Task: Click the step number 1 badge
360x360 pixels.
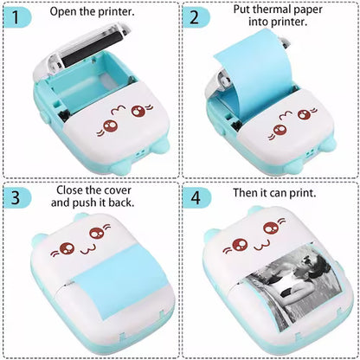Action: click(18, 16)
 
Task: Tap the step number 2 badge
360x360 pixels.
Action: click(196, 16)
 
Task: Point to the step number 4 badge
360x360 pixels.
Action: click(196, 196)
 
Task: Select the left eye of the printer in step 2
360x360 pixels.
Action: click(279, 131)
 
